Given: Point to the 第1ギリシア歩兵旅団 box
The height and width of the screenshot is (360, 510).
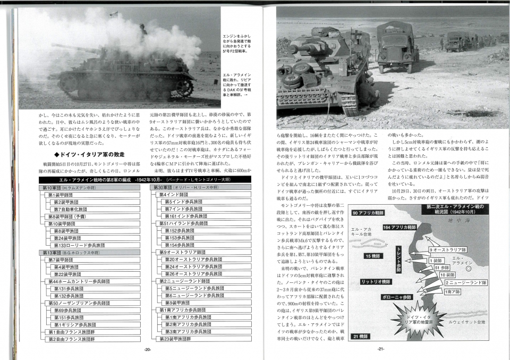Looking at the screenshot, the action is tap(74, 324).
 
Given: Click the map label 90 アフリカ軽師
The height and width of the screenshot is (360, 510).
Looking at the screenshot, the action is tap(371, 213).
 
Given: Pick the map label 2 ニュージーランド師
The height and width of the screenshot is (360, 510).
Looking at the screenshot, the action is tap(466, 282).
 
